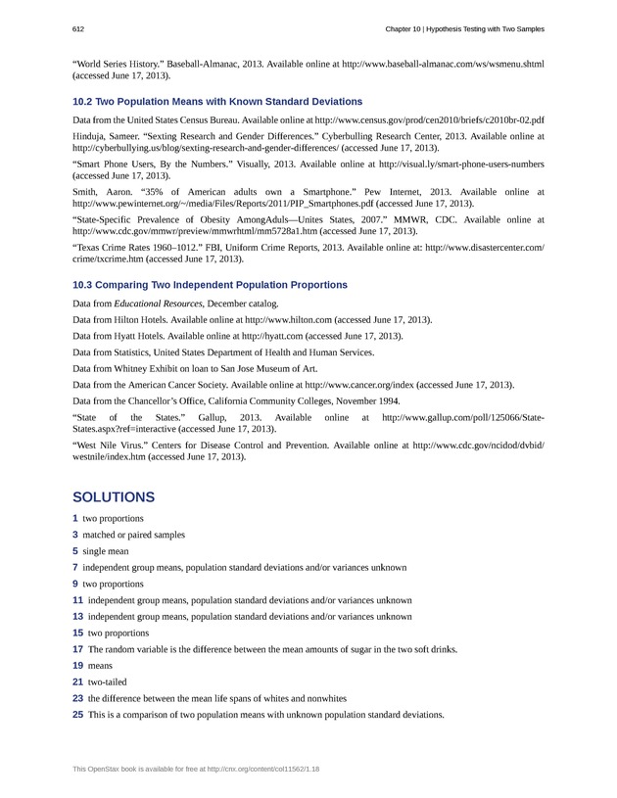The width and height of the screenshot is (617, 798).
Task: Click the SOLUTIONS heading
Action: click(x=114, y=496)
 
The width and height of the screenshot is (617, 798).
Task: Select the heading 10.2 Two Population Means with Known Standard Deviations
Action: click(x=217, y=102)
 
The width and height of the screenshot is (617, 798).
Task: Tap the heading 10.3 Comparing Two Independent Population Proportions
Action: click(x=210, y=285)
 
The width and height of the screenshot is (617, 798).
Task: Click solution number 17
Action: click(x=77, y=649)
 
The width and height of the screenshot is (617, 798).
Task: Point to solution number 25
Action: click(x=77, y=715)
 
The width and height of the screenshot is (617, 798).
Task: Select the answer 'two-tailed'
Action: click(x=108, y=681)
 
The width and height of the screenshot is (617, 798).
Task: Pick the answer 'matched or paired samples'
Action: click(x=133, y=535)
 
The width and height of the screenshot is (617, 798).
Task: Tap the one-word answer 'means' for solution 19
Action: click(x=100, y=666)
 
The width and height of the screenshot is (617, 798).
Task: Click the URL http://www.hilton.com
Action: click(x=289, y=319)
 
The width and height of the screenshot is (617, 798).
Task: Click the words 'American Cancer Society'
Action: click(x=185, y=385)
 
